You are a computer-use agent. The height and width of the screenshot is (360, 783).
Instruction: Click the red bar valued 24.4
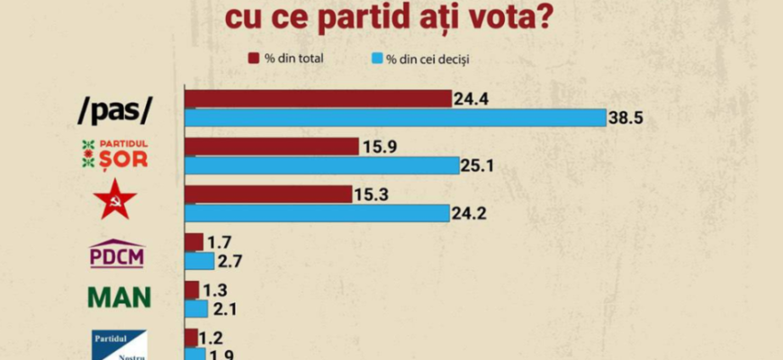(318, 98)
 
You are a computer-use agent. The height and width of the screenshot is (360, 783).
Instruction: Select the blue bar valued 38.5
(395, 117)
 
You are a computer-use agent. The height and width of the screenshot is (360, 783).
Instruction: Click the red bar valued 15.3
(268, 194)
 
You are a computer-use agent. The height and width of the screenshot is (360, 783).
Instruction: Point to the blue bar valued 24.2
(317, 213)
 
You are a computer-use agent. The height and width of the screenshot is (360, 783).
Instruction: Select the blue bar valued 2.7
(199, 261)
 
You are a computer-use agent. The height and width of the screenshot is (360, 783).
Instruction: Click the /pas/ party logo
(114, 109)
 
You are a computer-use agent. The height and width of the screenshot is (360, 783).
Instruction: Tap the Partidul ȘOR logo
(114, 156)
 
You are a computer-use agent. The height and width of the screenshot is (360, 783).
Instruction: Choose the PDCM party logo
(117, 253)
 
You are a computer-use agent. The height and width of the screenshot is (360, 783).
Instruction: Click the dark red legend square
(254, 59)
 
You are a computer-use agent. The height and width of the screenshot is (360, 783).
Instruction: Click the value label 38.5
(627, 118)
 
